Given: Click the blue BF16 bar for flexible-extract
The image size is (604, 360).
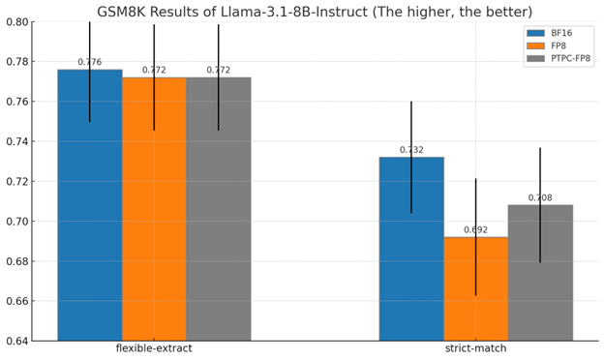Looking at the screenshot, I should (89, 213).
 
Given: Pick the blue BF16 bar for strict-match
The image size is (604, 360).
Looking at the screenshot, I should (410, 252).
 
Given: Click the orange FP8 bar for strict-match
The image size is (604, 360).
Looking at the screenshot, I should (475, 290).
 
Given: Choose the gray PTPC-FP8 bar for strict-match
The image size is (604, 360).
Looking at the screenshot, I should (539, 276).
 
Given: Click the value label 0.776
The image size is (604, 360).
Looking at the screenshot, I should (89, 63).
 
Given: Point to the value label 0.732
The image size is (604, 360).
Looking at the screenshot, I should (410, 150).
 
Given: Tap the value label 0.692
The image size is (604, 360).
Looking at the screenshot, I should (475, 230).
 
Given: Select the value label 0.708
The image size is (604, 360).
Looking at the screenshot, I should (539, 198).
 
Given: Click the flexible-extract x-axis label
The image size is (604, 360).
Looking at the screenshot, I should (154, 348).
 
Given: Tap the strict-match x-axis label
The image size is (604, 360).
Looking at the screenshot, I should (475, 348).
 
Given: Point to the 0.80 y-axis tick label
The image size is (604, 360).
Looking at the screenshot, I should (15, 22).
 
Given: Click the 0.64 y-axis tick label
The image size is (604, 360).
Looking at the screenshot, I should (15, 341).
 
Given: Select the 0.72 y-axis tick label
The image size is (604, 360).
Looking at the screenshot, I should (15, 182).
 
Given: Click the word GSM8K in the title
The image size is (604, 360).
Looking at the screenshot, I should (125, 12).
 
